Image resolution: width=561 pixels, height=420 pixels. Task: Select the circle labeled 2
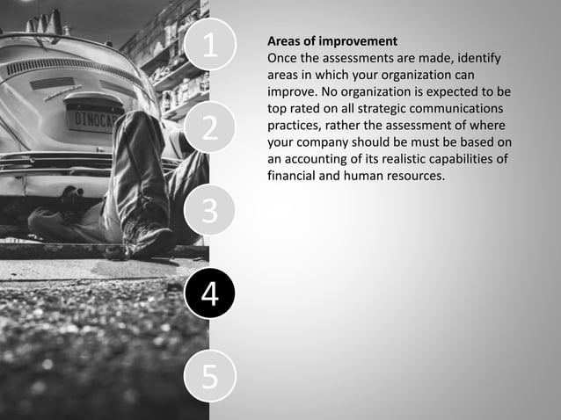point(209,128)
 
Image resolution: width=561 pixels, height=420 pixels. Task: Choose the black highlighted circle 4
point(209,293)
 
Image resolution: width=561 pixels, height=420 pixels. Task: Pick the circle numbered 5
point(209,376)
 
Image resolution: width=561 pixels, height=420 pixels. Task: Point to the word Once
point(282,58)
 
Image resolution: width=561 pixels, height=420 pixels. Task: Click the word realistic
point(418,158)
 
